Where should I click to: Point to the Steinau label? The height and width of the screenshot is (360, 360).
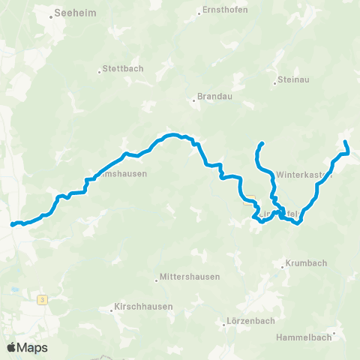tap(294, 79)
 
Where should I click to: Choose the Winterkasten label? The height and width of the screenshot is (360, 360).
tap(304, 174)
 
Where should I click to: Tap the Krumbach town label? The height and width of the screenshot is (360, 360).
tap(308, 264)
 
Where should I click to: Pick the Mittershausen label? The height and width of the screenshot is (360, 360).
tap(190, 277)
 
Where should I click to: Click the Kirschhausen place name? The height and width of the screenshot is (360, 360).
tap(143, 307)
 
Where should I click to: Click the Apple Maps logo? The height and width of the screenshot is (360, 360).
tap(27, 347)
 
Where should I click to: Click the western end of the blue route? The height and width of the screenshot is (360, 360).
tap(12, 224)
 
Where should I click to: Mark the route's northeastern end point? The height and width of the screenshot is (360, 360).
tap(345, 142)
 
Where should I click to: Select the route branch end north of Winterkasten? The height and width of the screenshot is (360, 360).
tap(262, 142)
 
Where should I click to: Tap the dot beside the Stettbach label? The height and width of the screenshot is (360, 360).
tap(99, 73)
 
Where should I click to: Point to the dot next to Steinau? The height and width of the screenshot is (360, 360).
tap(274, 79)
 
